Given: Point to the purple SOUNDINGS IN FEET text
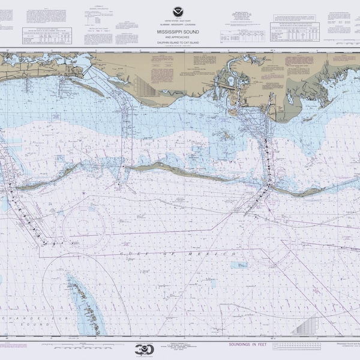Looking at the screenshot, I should pyautogui.click(x=247, y=344).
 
